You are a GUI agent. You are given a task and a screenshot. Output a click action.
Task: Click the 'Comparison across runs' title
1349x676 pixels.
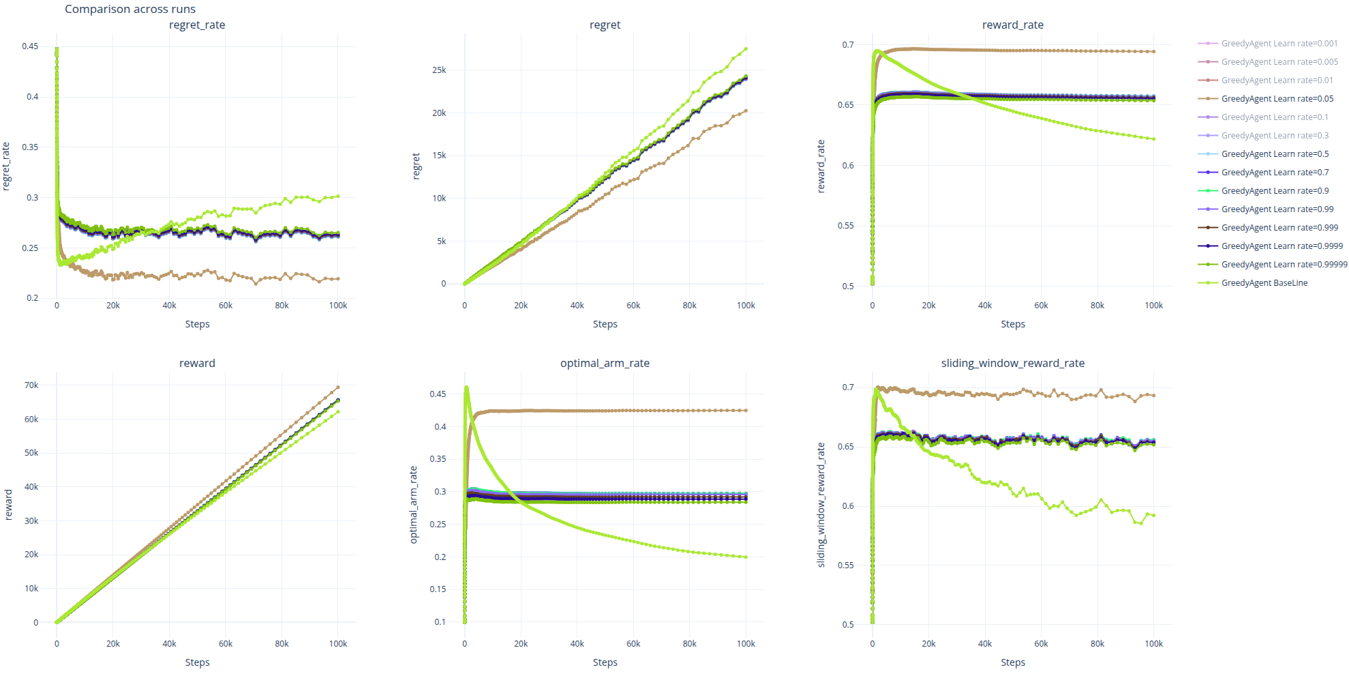pyautogui.click(x=130, y=10)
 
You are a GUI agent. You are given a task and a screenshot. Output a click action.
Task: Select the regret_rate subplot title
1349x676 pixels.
pyautogui.click(x=197, y=25)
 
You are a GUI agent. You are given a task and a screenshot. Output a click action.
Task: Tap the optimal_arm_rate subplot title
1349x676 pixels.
pyautogui.click(x=605, y=364)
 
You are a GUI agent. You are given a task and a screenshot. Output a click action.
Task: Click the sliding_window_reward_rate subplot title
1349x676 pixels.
pyautogui.click(x=1012, y=364)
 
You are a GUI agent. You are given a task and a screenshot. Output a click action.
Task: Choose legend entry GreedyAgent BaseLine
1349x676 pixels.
pyautogui.click(x=1264, y=283)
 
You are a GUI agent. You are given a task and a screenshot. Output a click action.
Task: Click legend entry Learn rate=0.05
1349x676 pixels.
pyautogui.click(x=1277, y=99)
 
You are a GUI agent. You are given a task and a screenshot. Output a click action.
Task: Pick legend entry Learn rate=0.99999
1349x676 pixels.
pyautogui.click(x=1284, y=265)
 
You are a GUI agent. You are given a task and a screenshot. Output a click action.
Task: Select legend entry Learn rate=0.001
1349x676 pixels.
pyautogui.click(x=1279, y=44)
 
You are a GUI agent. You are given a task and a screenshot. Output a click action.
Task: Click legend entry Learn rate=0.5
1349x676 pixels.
pyautogui.click(x=1275, y=154)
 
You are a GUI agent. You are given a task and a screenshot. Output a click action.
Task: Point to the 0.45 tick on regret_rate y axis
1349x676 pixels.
pyautogui.click(x=30, y=46)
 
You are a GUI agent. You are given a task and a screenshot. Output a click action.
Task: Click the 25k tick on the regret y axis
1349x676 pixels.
pyautogui.click(x=439, y=70)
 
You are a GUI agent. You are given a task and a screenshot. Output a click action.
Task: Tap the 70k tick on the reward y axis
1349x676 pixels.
pyautogui.click(x=31, y=385)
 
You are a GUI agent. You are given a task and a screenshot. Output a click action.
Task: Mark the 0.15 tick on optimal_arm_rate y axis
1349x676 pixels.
pyautogui.click(x=438, y=589)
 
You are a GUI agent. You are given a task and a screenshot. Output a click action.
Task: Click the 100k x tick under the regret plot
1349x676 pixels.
pyautogui.click(x=746, y=306)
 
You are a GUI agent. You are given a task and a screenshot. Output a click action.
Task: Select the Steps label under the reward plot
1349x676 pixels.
pyautogui.click(x=197, y=662)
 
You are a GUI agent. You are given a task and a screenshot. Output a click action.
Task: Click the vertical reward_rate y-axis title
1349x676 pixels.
pyautogui.click(x=821, y=166)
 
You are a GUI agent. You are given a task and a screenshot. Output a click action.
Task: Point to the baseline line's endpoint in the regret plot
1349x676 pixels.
pyautogui.click(x=746, y=49)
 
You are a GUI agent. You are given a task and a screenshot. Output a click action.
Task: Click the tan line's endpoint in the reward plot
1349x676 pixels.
pyautogui.click(x=337, y=387)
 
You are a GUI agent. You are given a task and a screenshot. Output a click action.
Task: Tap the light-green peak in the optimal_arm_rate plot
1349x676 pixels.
pyautogui.click(x=466, y=388)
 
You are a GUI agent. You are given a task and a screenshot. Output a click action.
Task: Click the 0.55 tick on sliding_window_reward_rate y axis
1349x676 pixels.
pyautogui.click(x=845, y=565)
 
